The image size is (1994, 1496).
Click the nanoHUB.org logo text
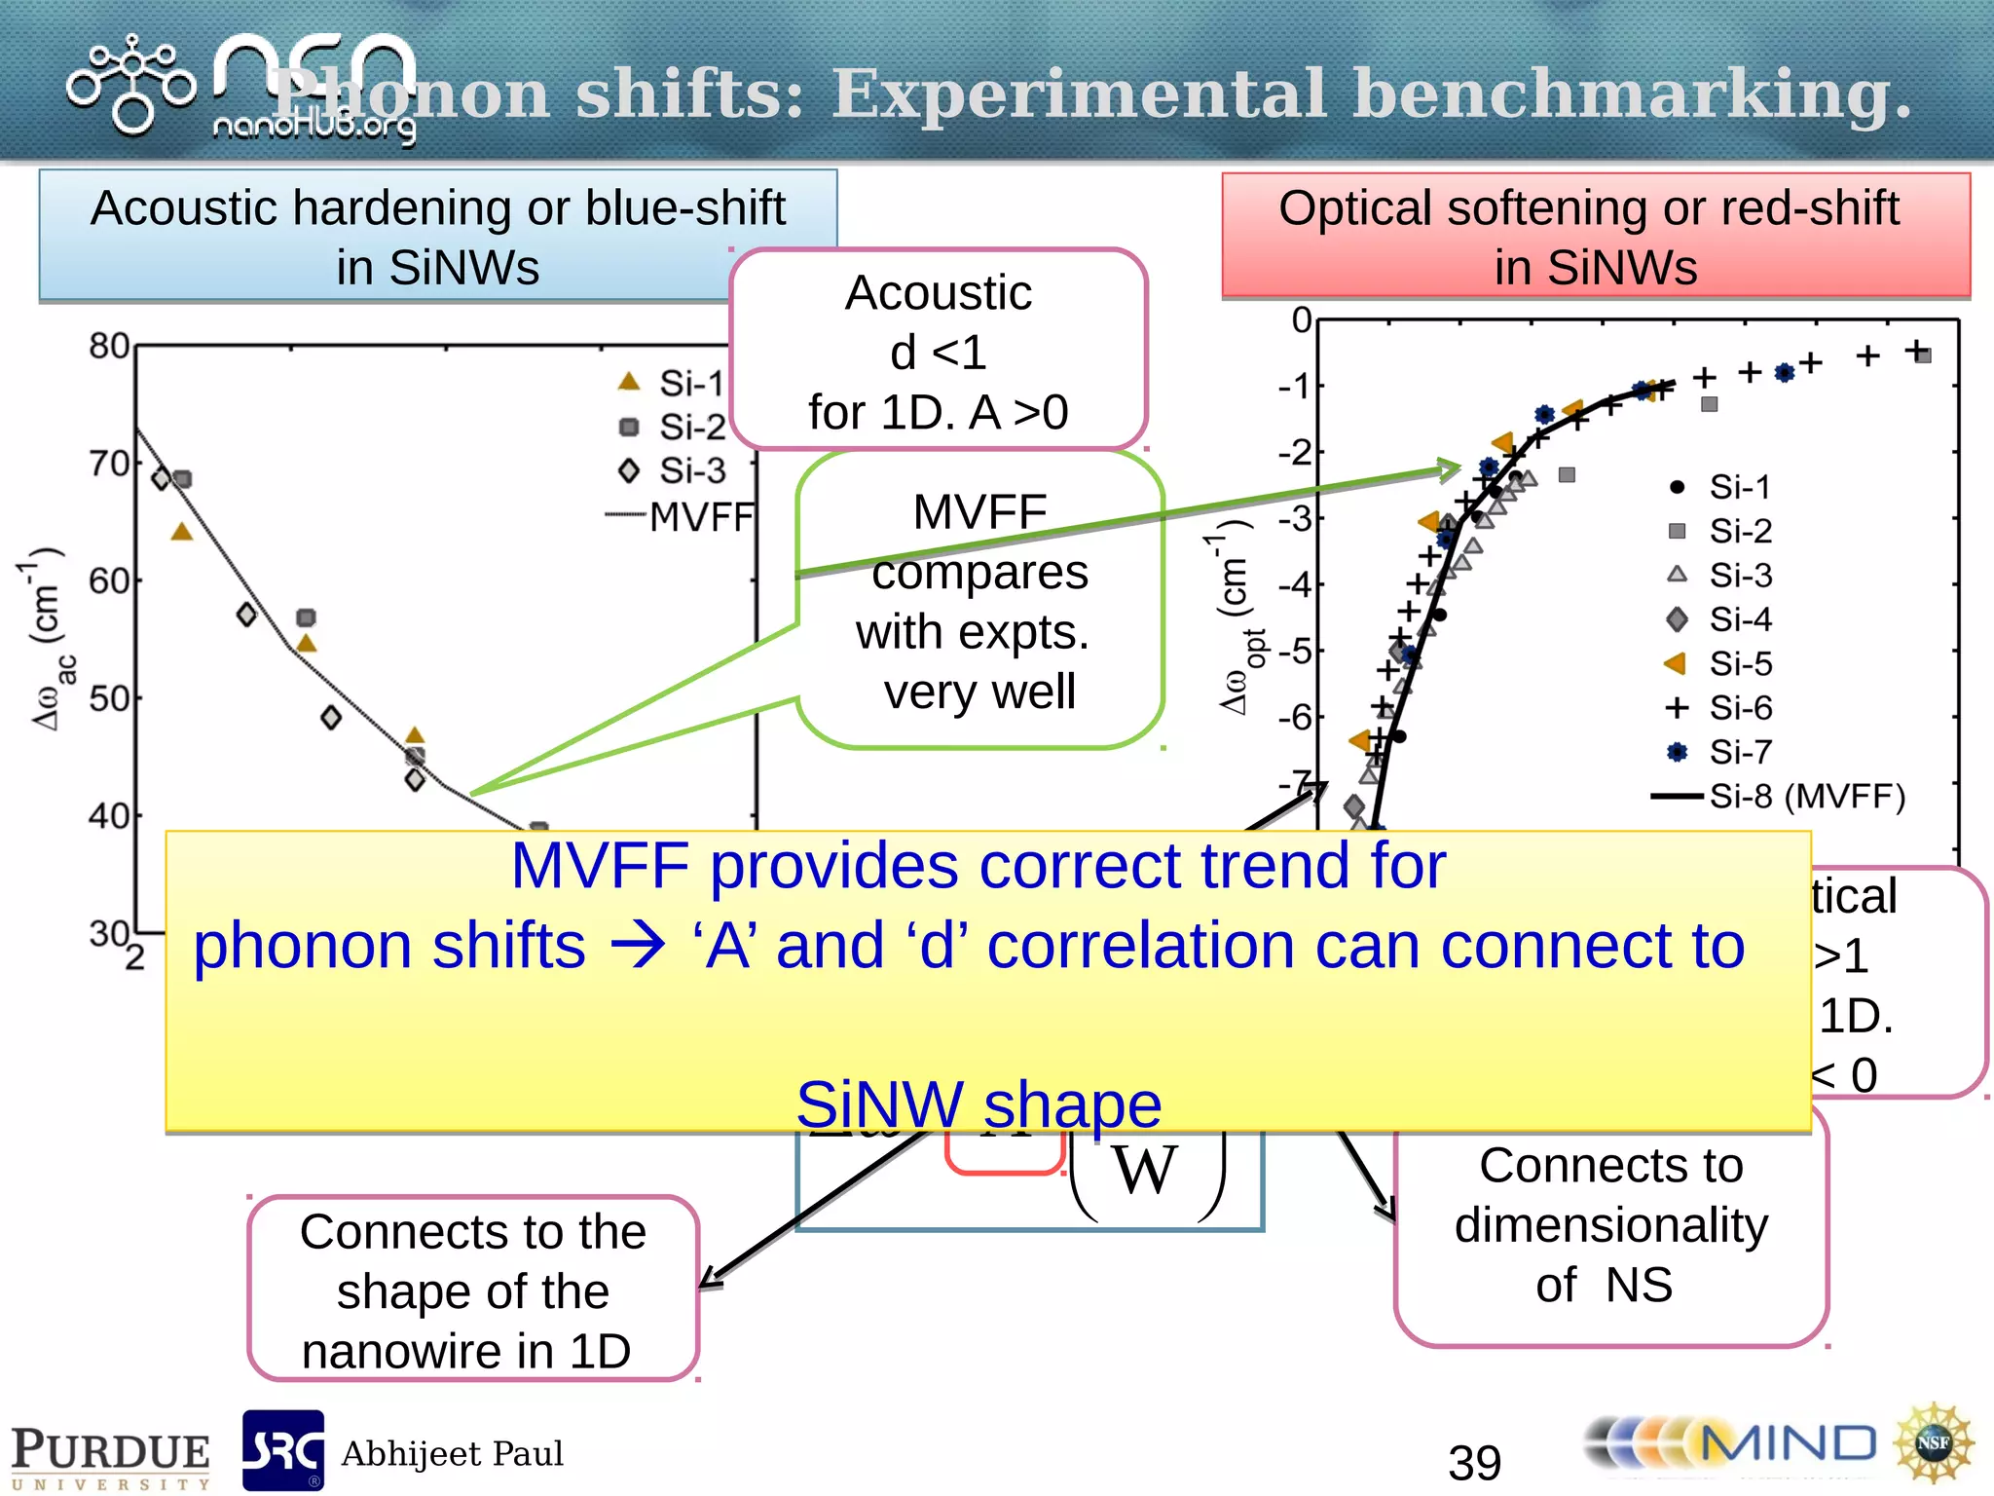point(314,127)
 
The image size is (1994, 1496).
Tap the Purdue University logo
point(110,1456)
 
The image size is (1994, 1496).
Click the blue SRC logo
point(282,1450)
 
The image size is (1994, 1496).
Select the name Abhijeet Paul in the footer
point(452,1454)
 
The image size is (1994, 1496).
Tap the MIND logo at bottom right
point(1733,1444)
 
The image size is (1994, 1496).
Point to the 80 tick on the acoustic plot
point(109,347)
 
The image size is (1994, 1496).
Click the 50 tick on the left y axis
point(109,699)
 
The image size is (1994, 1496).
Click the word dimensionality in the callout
point(1611,1225)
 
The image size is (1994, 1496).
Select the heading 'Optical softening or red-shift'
point(1588,208)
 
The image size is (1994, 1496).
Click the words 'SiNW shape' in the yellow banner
point(979,1104)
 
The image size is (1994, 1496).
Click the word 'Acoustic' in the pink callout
point(938,293)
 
